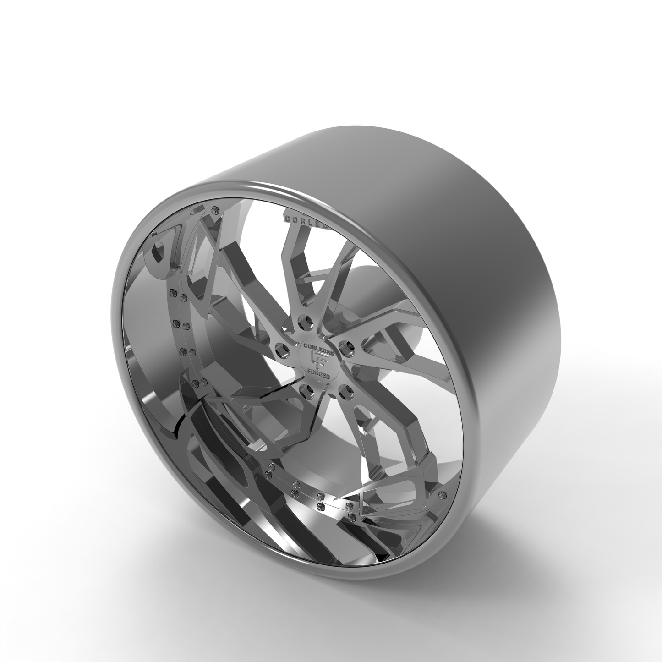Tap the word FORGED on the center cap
tap(320, 372)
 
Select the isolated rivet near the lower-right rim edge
tap(442, 496)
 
